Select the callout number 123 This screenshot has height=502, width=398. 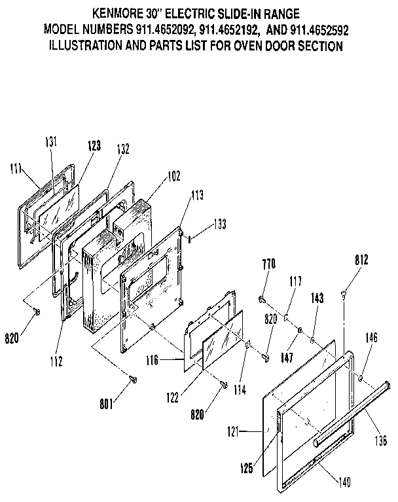[x=94, y=146]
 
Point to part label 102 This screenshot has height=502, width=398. [x=154, y=175]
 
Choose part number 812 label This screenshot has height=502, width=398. [x=362, y=259]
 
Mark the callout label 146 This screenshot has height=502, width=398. [x=371, y=338]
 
